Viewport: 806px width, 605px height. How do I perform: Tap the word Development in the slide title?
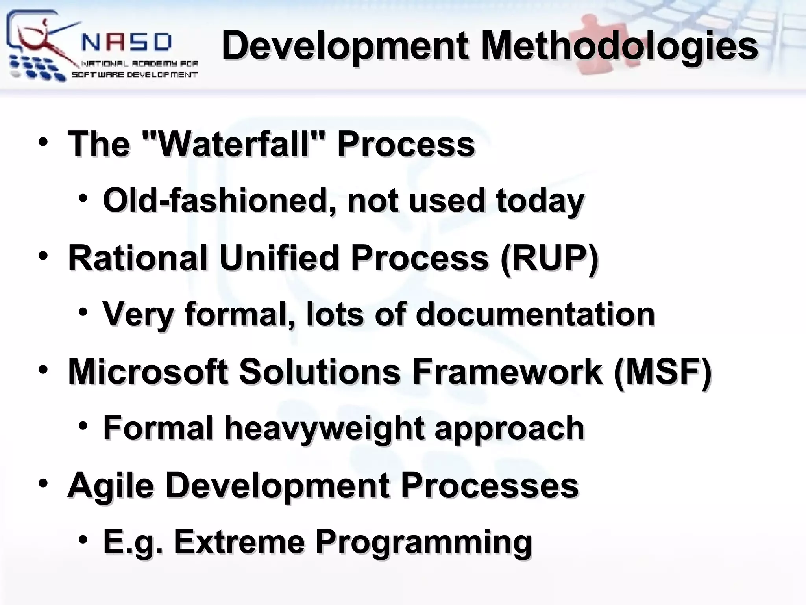tap(345, 46)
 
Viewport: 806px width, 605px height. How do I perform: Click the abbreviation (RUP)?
tap(549, 258)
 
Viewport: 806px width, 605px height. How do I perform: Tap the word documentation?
tap(535, 314)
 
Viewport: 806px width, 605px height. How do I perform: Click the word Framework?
tap(507, 371)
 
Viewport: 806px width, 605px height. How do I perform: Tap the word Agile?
tap(110, 485)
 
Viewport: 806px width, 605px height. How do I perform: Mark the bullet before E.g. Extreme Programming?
tap(83, 540)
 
